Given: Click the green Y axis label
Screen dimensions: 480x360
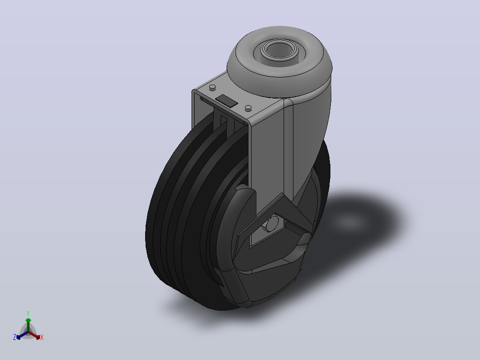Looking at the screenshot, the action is click(28, 314).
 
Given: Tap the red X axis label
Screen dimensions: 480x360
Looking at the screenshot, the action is click(42, 337).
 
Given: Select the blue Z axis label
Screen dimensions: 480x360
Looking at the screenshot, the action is click(15, 337).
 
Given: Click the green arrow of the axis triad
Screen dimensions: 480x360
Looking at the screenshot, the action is click(28, 324).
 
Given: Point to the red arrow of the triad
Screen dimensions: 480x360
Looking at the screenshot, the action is click(34, 335).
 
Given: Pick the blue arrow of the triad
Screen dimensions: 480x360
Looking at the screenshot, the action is click(22, 335).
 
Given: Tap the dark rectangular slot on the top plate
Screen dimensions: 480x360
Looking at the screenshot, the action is click(226, 101).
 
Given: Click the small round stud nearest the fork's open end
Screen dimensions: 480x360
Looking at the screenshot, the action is click(212, 88).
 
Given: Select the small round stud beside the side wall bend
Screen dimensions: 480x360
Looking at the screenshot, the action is click(248, 108).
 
